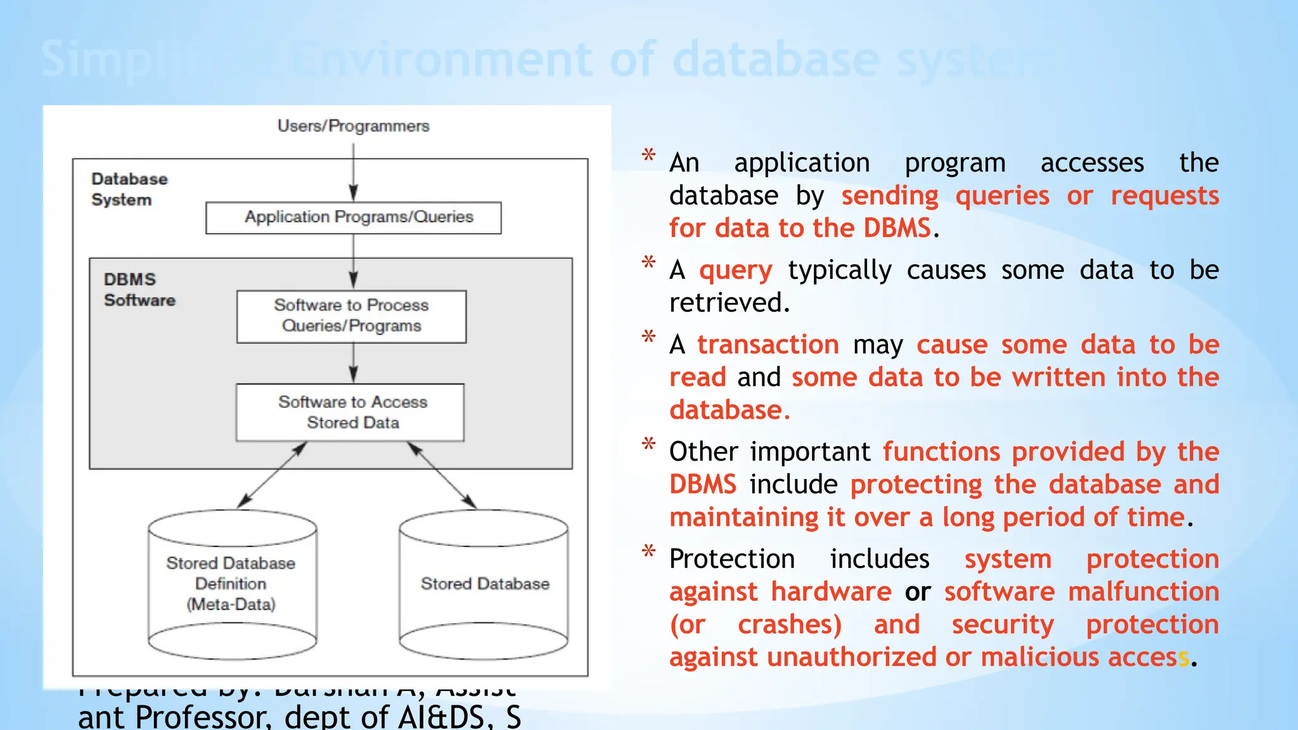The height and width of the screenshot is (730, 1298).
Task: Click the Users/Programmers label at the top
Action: pyautogui.click(x=353, y=126)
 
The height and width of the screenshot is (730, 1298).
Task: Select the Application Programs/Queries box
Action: pyautogui.click(x=353, y=217)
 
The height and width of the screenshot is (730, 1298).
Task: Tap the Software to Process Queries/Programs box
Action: pyautogui.click(x=351, y=316)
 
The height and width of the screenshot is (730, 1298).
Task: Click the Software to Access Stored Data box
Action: pyautogui.click(x=350, y=412)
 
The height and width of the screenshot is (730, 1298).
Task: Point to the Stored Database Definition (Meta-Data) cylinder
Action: pyautogui.click(x=232, y=584)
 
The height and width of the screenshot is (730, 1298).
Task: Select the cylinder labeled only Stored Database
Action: pyautogui.click(x=484, y=584)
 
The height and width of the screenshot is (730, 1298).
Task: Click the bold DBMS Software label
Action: pyautogui.click(x=139, y=290)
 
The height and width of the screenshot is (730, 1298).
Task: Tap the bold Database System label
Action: pyautogui.click(x=129, y=189)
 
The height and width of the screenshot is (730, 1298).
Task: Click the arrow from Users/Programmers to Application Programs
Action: pyautogui.click(x=353, y=171)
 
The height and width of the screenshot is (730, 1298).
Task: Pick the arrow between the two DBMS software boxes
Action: pyautogui.click(x=353, y=364)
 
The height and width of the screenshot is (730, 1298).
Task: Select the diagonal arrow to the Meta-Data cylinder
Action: pyautogui.click(x=273, y=475)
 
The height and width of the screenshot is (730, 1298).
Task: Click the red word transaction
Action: pyautogui.click(x=768, y=345)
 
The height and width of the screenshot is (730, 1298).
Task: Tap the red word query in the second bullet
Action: pyautogui.click(x=735, y=271)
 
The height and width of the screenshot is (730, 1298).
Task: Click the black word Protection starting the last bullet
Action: pyautogui.click(x=731, y=559)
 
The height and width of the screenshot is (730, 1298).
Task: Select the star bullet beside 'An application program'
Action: pyautogui.click(x=648, y=155)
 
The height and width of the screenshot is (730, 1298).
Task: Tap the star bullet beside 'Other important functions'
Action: pyautogui.click(x=648, y=444)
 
